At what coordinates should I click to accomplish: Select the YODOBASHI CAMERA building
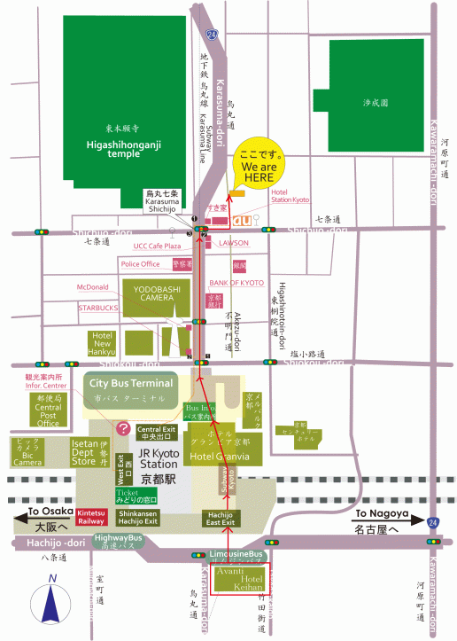[x=154, y=294]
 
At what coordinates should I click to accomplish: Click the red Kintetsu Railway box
[x=91, y=517]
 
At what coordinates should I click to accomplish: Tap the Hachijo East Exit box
[x=221, y=518]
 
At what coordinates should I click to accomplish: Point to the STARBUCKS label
[x=98, y=308]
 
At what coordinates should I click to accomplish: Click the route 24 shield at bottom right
[x=431, y=522]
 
